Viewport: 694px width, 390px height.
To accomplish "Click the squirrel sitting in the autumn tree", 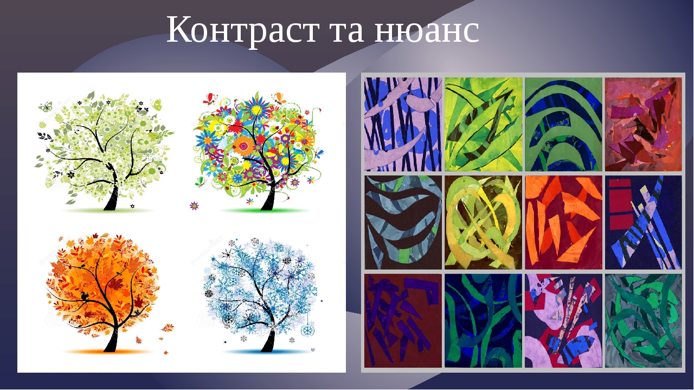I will (x=85, y=295).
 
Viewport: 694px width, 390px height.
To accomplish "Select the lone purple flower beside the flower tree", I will (x=194, y=206).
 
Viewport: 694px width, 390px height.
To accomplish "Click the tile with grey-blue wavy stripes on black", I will (x=403, y=222).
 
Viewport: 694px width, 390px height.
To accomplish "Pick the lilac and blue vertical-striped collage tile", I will (x=403, y=124).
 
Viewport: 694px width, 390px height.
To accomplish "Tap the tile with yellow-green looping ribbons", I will (x=483, y=222).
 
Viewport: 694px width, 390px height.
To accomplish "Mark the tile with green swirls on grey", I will (x=643, y=321).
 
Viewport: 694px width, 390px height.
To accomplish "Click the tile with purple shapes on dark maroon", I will (x=403, y=321).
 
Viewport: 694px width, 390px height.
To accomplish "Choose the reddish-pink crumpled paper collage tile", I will (x=643, y=124).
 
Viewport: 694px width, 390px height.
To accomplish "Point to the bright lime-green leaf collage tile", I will (x=483, y=124).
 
